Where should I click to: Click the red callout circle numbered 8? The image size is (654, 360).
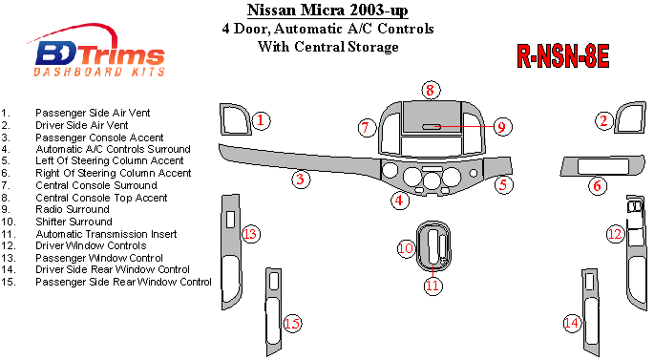tap(431, 90)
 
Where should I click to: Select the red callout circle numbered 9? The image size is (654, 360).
tap(502, 126)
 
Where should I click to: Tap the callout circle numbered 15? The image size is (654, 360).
tap(292, 324)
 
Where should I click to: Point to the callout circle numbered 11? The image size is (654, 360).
tap(432, 286)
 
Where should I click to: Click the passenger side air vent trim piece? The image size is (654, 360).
tap(223, 119)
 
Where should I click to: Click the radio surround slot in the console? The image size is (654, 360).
tap(432, 126)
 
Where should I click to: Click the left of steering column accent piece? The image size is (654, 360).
tap(497, 166)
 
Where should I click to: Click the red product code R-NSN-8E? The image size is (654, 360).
tap(563, 56)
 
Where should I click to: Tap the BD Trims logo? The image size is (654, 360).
tap(99, 53)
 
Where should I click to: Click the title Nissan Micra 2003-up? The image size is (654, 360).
tap(327, 10)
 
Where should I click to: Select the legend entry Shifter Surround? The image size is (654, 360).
tap(74, 222)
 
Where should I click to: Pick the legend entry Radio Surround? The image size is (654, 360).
tap(73, 209)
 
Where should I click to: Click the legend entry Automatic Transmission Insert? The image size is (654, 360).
tap(106, 234)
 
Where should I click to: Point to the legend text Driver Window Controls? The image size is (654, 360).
tap(91, 245)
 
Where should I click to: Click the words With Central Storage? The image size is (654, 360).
tap(327, 46)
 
